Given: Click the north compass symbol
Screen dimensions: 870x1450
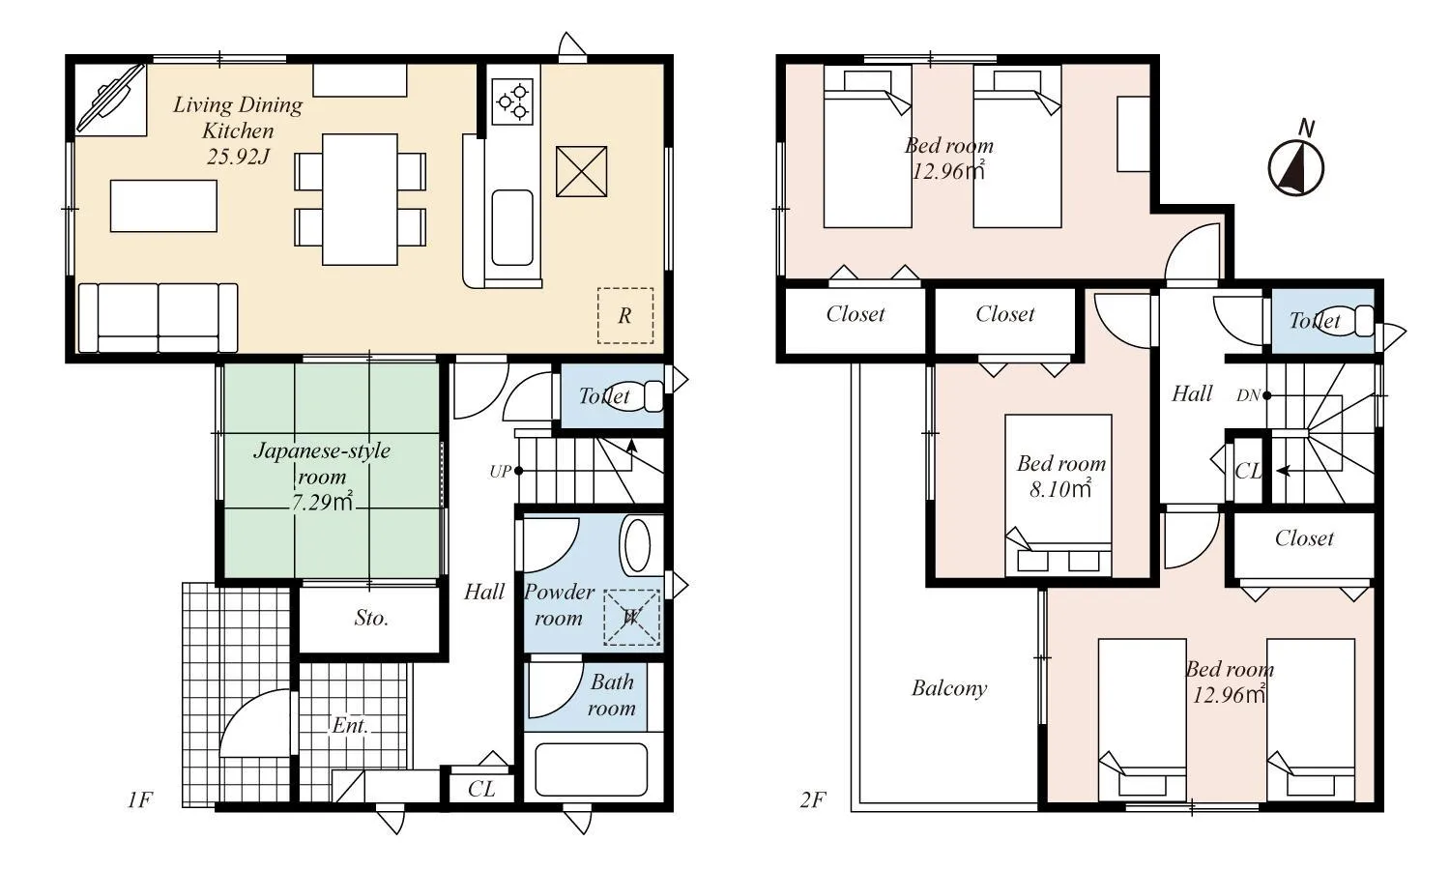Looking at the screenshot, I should coord(1295,166).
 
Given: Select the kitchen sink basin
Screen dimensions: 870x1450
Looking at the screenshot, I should coord(511,227).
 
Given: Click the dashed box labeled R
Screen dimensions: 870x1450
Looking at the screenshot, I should coord(624,315).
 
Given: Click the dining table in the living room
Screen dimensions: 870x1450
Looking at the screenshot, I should coord(360,199).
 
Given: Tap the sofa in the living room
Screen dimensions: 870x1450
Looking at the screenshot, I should coord(158,317).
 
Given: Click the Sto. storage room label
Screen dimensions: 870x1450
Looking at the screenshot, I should coord(371,618).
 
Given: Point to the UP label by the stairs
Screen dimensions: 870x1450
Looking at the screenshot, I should coord(500,472).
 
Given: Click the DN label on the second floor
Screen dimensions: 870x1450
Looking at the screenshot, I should coord(1248,395).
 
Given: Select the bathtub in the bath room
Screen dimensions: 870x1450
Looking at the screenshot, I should coord(591,768).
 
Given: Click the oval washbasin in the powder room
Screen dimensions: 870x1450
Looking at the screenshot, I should coord(638,546).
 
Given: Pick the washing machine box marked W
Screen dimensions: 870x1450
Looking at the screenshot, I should coord(631,617).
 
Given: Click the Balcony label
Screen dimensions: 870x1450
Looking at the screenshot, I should coord(948,688).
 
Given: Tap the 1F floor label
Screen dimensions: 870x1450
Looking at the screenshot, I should coord(139,799).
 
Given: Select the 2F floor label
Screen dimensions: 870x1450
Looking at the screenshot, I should coord(812,799).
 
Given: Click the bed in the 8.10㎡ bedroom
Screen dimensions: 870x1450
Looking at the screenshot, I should coord(1058,495).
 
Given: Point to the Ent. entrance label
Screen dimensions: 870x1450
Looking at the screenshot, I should coord(350,725).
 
